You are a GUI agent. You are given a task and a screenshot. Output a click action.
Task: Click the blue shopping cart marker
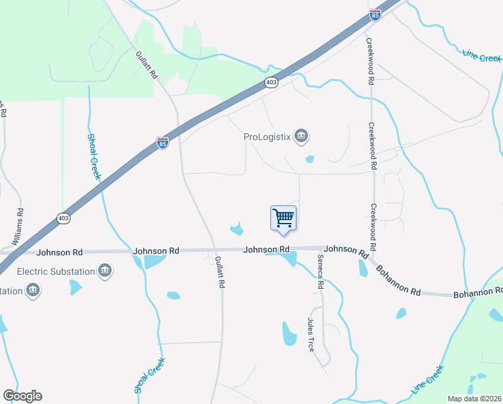pyautogui.click(x=283, y=218)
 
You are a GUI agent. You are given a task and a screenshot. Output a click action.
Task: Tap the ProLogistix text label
pyautogui.click(x=266, y=137)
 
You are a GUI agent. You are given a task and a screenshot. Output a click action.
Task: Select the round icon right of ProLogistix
pyautogui.click(x=301, y=137)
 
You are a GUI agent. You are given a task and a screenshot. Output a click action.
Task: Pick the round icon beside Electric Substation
pyautogui.click(x=104, y=271)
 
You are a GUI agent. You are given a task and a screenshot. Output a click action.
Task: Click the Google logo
pyautogui.click(x=22, y=395)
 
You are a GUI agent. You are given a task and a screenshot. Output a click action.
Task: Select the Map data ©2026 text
pyautogui.click(x=474, y=398)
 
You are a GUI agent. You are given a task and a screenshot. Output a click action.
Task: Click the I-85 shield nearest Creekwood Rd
pyautogui.click(x=375, y=14)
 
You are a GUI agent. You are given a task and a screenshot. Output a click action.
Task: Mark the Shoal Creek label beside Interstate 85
pyautogui.click(x=94, y=156)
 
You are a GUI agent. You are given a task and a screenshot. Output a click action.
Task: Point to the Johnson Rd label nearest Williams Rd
pyautogui.click(x=59, y=252)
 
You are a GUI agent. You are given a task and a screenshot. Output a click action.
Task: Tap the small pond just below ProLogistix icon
pyautogui.click(x=309, y=160)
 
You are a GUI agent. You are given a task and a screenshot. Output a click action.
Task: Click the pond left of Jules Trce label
pyautogui.click(x=289, y=333)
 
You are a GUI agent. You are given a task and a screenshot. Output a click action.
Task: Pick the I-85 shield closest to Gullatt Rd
pyautogui.click(x=163, y=143)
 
